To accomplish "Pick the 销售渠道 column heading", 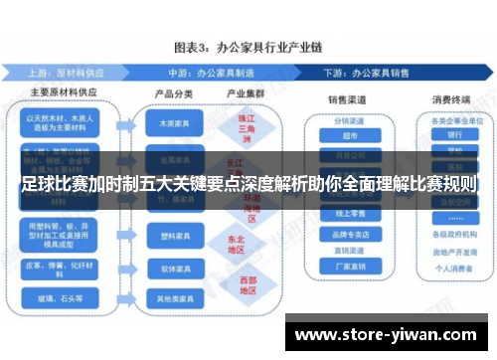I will point(348,100).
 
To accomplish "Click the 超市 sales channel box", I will point(348,136).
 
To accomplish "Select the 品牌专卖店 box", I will point(348,235).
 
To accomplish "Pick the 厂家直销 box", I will point(348,267).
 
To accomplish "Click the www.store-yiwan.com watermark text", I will point(388,334).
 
